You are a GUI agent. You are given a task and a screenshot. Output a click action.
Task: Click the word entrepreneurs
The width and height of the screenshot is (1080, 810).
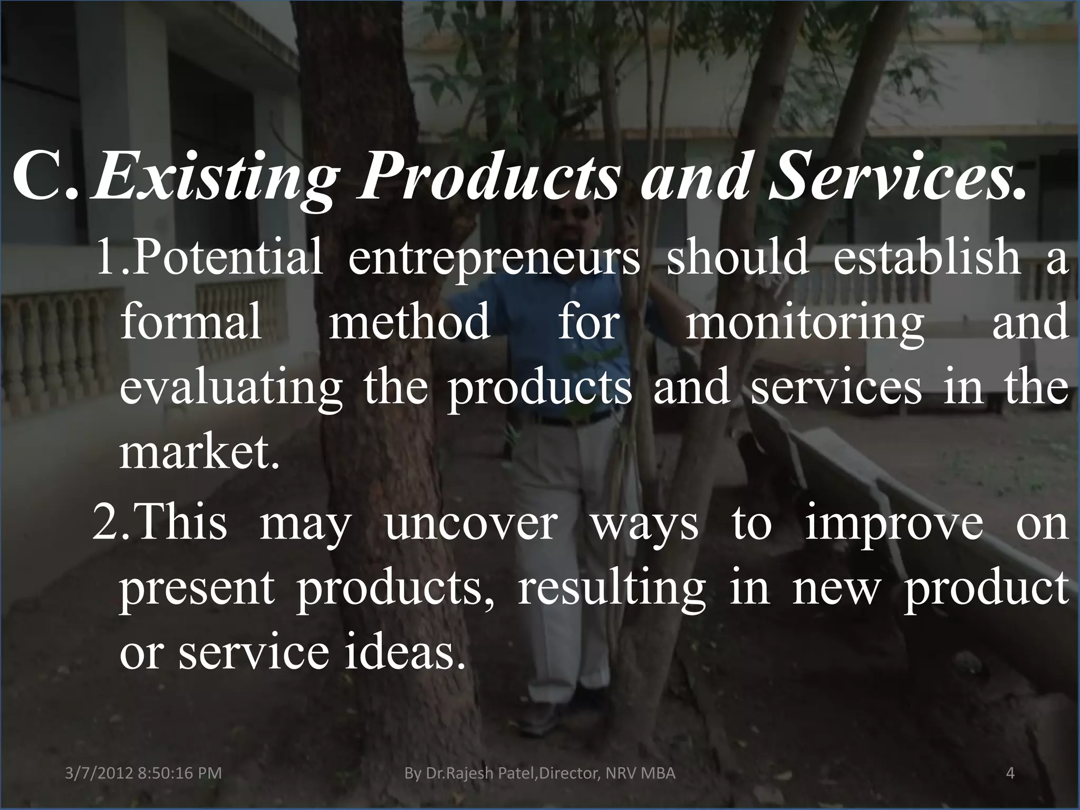pos(494,259)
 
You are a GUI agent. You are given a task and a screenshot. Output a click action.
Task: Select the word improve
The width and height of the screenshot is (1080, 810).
pos(894,527)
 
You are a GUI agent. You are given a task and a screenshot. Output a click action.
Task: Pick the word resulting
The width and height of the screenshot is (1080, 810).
pos(612,589)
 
